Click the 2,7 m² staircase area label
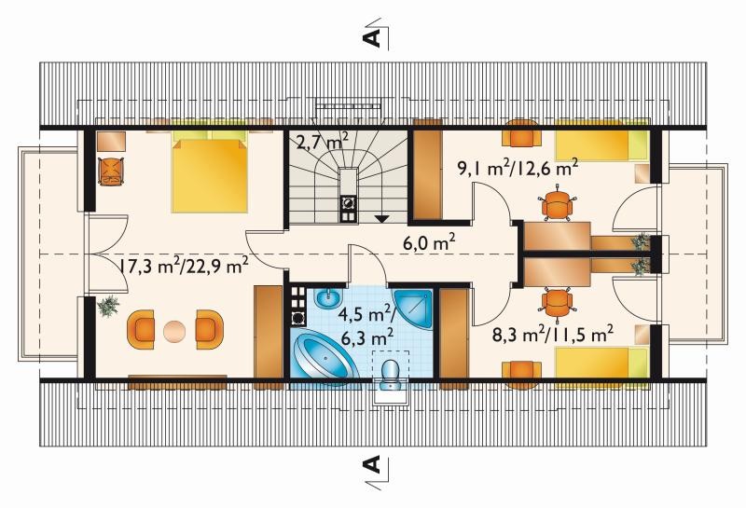tap(322, 142)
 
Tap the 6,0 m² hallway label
tap(430, 243)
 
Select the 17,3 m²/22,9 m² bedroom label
tap(183, 266)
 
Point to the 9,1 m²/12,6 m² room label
tap(518, 168)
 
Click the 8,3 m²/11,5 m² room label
tap(552, 335)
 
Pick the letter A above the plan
tap(372, 36)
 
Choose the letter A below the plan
tap(372, 464)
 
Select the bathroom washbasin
tap(328, 298)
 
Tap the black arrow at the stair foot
tap(381, 218)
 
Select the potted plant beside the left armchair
tap(109, 306)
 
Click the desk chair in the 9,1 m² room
tap(557, 205)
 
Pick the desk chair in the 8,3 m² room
tap(557, 301)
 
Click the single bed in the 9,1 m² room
tap(601, 141)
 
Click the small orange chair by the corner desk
tap(111, 172)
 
